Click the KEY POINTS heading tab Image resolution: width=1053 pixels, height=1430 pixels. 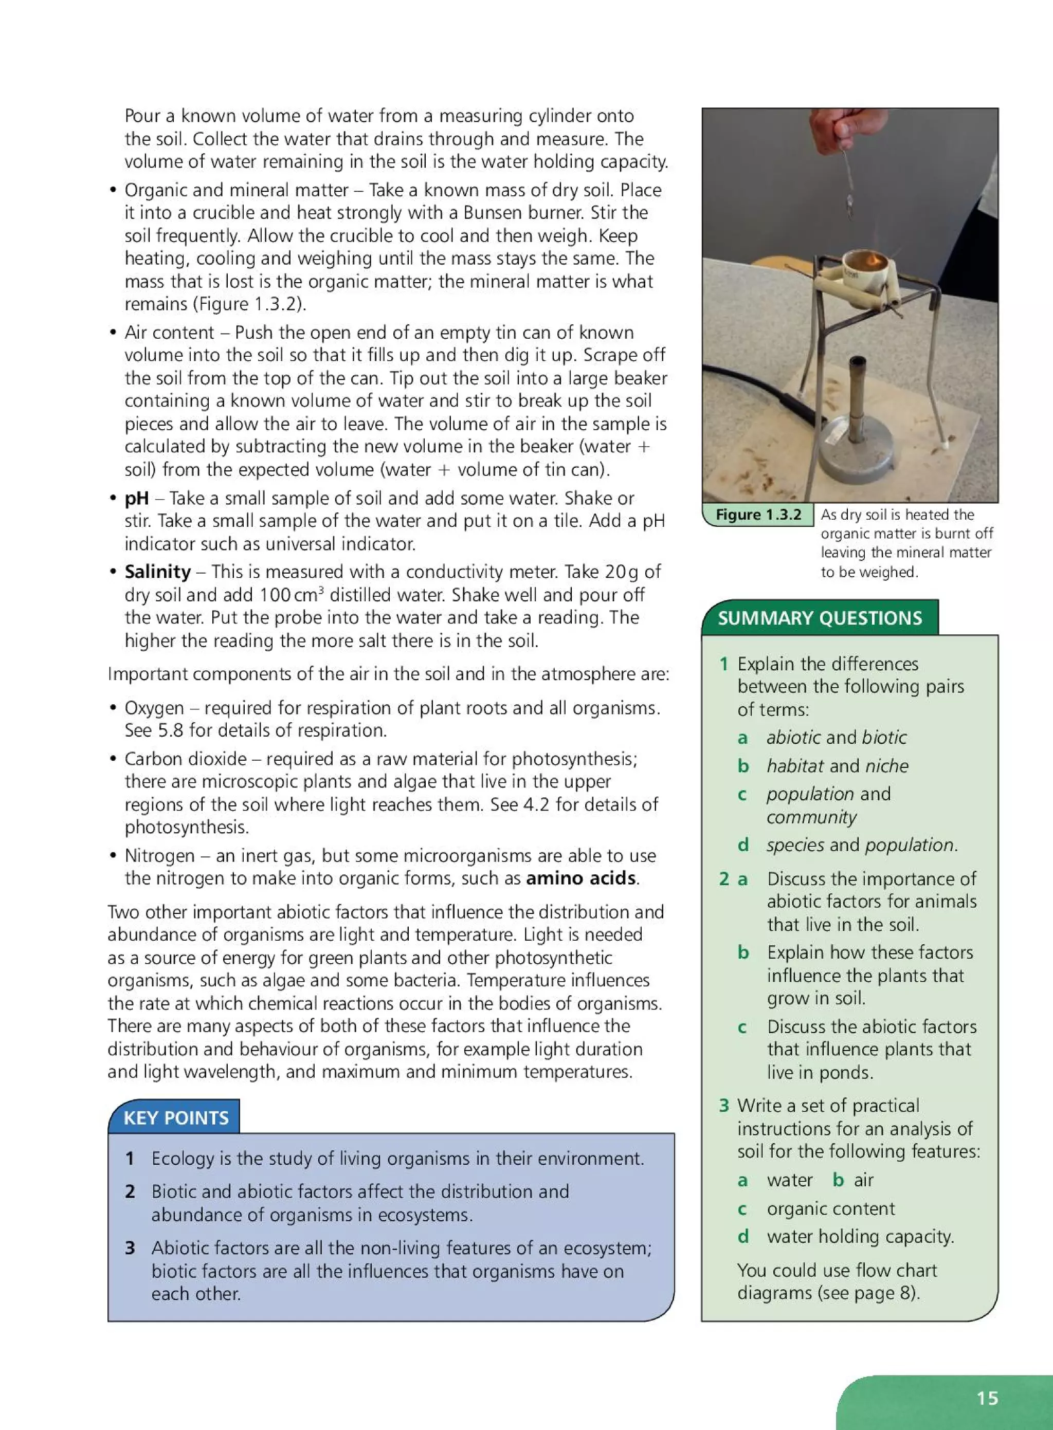click(175, 1118)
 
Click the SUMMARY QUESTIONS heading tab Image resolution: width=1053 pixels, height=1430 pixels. click(819, 617)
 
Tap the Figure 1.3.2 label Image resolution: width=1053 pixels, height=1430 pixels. click(758, 514)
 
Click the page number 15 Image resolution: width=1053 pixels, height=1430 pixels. click(987, 1398)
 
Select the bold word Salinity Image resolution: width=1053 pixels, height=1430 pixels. click(157, 572)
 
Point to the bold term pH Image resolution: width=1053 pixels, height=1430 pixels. click(136, 498)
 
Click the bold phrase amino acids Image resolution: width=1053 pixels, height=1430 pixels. click(580, 878)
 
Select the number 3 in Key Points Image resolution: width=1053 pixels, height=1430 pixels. click(130, 1247)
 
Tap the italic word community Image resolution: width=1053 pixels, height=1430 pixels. click(811, 817)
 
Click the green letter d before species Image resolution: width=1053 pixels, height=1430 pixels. click(742, 845)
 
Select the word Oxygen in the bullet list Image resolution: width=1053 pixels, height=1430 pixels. click(154, 708)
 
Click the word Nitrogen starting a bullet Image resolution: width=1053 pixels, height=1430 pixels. click(159, 855)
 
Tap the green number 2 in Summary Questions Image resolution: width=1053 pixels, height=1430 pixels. click(724, 879)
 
